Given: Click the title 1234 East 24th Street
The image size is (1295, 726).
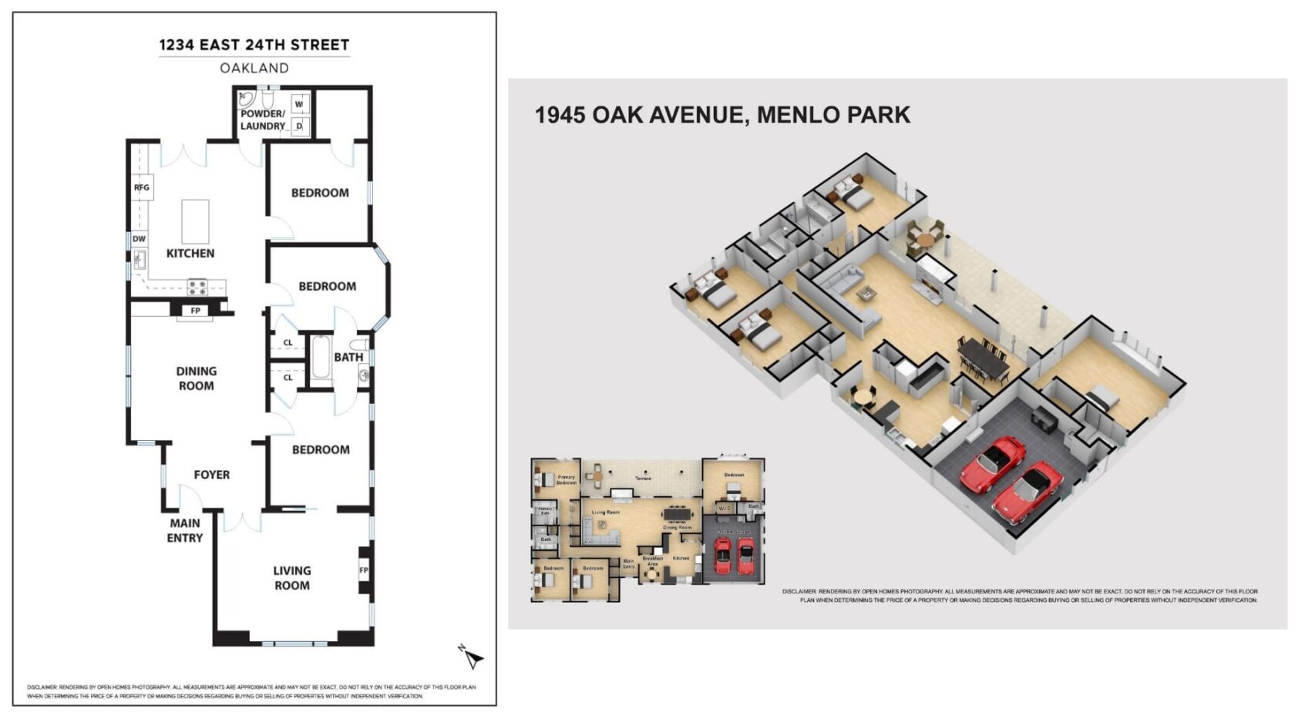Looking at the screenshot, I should [254, 45].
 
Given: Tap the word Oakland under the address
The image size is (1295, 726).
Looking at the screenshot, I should [254, 68].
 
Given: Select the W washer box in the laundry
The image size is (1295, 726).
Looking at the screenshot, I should [299, 104].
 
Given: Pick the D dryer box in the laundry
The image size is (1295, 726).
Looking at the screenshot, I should [299, 126].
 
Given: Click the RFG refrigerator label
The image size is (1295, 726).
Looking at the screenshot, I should [142, 187].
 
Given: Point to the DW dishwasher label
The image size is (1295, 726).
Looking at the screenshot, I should [139, 239].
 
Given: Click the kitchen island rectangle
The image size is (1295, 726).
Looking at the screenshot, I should [195, 221].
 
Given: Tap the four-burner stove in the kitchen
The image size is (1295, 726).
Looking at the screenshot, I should [197, 287].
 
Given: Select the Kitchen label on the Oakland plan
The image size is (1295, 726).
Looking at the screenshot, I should [190, 253].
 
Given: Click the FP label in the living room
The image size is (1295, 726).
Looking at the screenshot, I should [364, 570].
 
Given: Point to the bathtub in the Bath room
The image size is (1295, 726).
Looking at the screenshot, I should [321, 359].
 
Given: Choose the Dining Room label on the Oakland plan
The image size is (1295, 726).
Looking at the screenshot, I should [197, 378].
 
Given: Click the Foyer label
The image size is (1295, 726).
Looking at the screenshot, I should [212, 475].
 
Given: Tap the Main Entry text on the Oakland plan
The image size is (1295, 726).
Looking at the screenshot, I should [185, 530].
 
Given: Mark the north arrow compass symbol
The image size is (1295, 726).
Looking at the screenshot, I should [472, 657].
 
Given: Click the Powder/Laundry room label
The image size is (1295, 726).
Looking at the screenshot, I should [263, 119].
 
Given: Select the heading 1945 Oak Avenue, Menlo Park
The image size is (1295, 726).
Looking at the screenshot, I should [722, 115].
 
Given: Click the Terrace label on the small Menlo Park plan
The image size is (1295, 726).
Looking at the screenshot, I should [643, 479].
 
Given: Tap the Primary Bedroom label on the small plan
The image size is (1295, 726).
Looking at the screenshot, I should [567, 480].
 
